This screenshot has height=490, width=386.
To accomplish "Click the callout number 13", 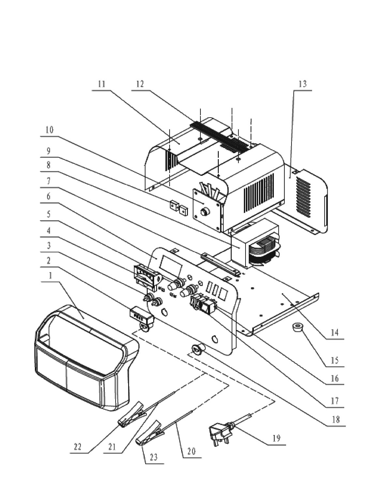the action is (303, 84).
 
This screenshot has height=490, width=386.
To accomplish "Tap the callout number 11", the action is (102, 84).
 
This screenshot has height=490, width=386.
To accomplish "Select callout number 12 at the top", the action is (140, 84).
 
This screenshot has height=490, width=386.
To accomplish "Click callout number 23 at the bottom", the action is (154, 457).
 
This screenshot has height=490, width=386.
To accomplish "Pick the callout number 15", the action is (334, 360).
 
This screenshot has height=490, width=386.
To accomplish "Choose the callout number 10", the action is (49, 130).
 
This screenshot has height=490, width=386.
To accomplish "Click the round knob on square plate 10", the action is (204, 212).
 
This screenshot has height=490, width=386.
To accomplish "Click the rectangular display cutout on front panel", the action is (171, 265).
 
